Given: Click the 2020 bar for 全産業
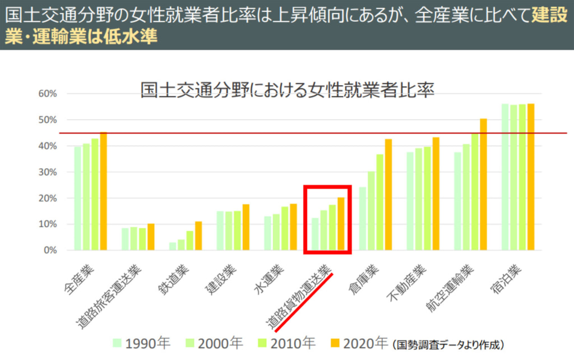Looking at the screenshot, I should click(x=103, y=191).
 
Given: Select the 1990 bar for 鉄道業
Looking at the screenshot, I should click(x=173, y=247).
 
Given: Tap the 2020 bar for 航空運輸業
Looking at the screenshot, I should click(x=483, y=184).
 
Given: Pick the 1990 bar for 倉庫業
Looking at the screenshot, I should click(x=363, y=219).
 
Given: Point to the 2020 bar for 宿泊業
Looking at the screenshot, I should click(x=531, y=177).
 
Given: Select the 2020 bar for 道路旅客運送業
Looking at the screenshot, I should click(x=151, y=237).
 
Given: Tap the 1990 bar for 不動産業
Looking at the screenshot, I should click(x=410, y=201).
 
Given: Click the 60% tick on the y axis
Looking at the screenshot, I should click(x=48, y=94).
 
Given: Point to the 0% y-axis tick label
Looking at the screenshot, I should click(x=50, y=251).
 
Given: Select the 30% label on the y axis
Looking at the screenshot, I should click(x=48, y=172).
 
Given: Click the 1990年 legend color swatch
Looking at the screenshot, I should click(x=117, y=342).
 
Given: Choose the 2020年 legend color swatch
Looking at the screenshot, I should click(x=335, y=342).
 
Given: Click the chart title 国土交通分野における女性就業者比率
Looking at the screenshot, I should click(x=287, y=90).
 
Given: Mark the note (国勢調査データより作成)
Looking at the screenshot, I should click(x=451, y=343).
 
